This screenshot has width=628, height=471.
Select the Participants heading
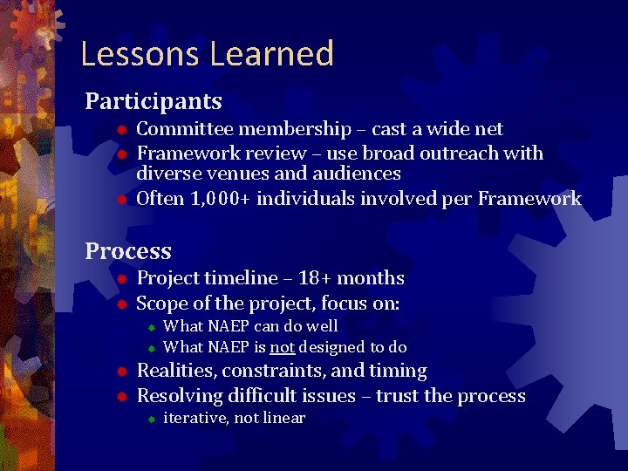point(153,101)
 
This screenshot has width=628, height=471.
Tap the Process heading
point(128,251)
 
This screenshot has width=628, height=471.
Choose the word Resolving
point(180,396)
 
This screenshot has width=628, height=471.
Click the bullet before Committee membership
point(123,130)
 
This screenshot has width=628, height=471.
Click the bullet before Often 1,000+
point(123,200)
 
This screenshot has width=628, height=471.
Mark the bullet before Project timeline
point(123,279)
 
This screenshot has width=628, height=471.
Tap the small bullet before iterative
point(150,420)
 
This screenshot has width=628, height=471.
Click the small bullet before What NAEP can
point(150,327)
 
